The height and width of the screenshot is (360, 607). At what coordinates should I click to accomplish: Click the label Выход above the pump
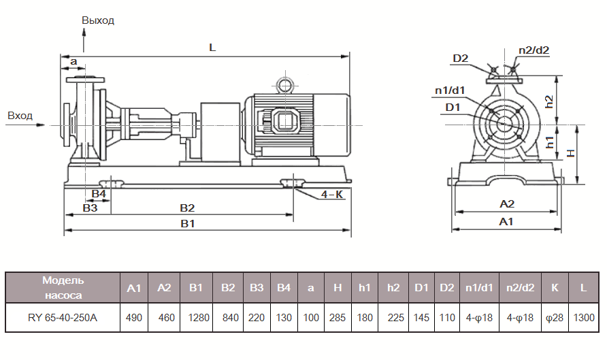click(98, 20)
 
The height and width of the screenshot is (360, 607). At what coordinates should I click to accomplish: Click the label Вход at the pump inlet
click(20, 116)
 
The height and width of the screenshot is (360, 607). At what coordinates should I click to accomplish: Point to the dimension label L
click(212, 48)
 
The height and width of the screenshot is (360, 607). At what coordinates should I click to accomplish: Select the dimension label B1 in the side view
click(188, 223)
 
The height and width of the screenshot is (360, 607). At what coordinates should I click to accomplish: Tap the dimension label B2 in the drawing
click(187, 208)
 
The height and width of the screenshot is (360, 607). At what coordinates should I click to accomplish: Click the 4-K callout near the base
click(332, 195)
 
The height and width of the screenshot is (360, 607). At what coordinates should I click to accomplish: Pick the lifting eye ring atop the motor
click(283, 85)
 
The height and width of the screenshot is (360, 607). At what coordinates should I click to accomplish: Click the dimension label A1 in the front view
click(506, 222)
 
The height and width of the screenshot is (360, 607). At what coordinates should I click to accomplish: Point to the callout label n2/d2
click(534, 50)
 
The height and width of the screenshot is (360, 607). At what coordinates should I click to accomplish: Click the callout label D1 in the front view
click(453, 107)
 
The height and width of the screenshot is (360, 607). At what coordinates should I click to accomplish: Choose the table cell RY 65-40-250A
click(63, 318)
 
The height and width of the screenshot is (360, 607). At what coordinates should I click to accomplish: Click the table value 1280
click(196, 318)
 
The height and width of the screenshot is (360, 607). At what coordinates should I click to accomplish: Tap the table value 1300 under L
click(583, 318)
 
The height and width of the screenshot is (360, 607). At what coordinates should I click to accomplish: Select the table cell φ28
click(555, 318)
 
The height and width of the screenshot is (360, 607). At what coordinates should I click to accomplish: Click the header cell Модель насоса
click(63, 288)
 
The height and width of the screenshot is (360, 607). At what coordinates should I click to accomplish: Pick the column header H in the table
click(338, 288)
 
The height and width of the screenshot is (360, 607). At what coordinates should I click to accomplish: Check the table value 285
click(338, 318)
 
